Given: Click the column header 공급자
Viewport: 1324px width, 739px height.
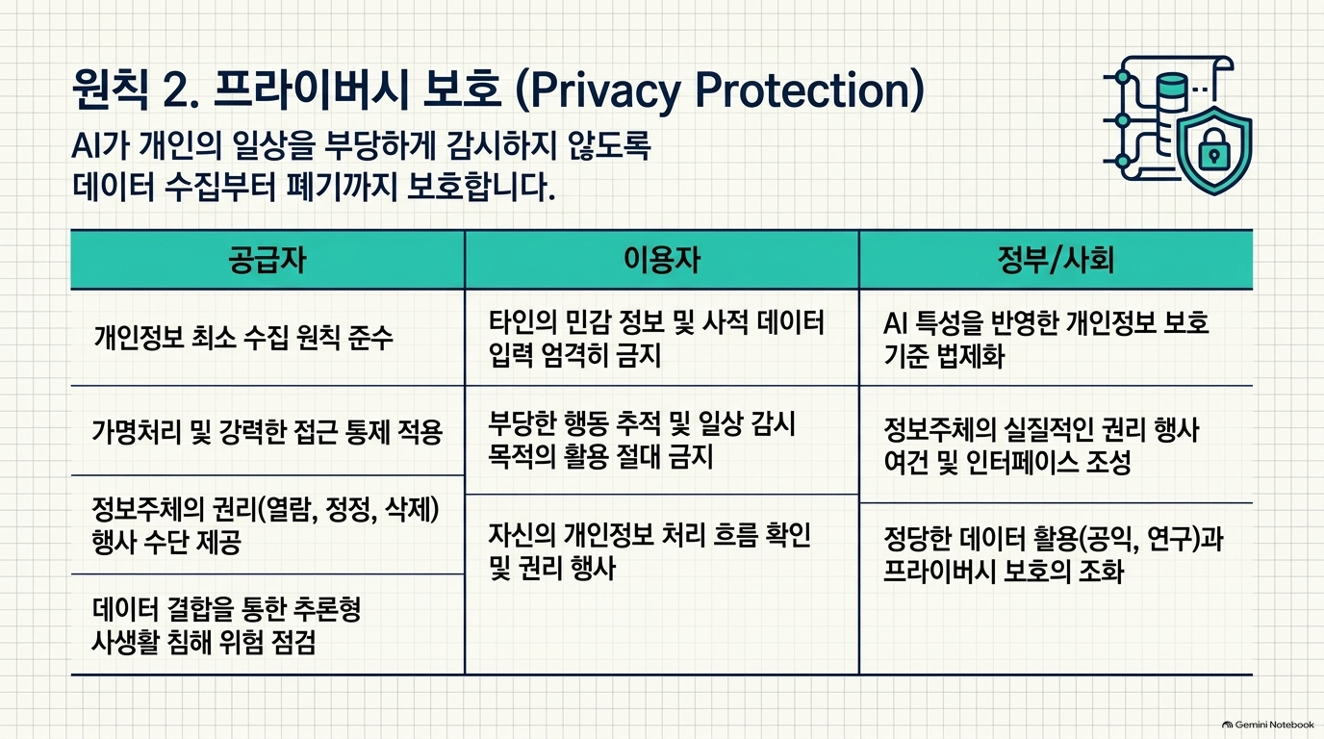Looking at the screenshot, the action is click(267, 260).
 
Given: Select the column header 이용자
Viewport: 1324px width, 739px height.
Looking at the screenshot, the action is click(662, 260).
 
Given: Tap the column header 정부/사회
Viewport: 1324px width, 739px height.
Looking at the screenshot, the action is click(1056, 260).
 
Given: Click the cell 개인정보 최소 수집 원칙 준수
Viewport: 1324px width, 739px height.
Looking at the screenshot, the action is click(242, 338).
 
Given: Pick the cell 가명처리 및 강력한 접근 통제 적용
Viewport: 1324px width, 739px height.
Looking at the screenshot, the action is click(267, 431).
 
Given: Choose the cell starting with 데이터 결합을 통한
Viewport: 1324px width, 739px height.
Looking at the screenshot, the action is click(226, 625).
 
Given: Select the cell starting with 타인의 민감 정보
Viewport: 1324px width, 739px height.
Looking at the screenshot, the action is click(656, 339).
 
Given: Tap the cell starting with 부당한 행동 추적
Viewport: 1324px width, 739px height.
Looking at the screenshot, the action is click(642, 441).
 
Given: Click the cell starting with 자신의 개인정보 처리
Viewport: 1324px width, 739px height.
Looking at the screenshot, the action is click(649, 551).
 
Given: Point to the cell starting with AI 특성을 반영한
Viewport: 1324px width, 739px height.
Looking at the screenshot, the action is click(1046, 339).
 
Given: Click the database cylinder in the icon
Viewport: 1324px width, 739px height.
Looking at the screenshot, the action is click(1173, 90).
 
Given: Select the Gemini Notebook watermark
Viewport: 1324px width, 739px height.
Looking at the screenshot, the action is click(1268, 725).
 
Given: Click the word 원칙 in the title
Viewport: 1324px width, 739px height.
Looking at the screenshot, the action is click(110, 89).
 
